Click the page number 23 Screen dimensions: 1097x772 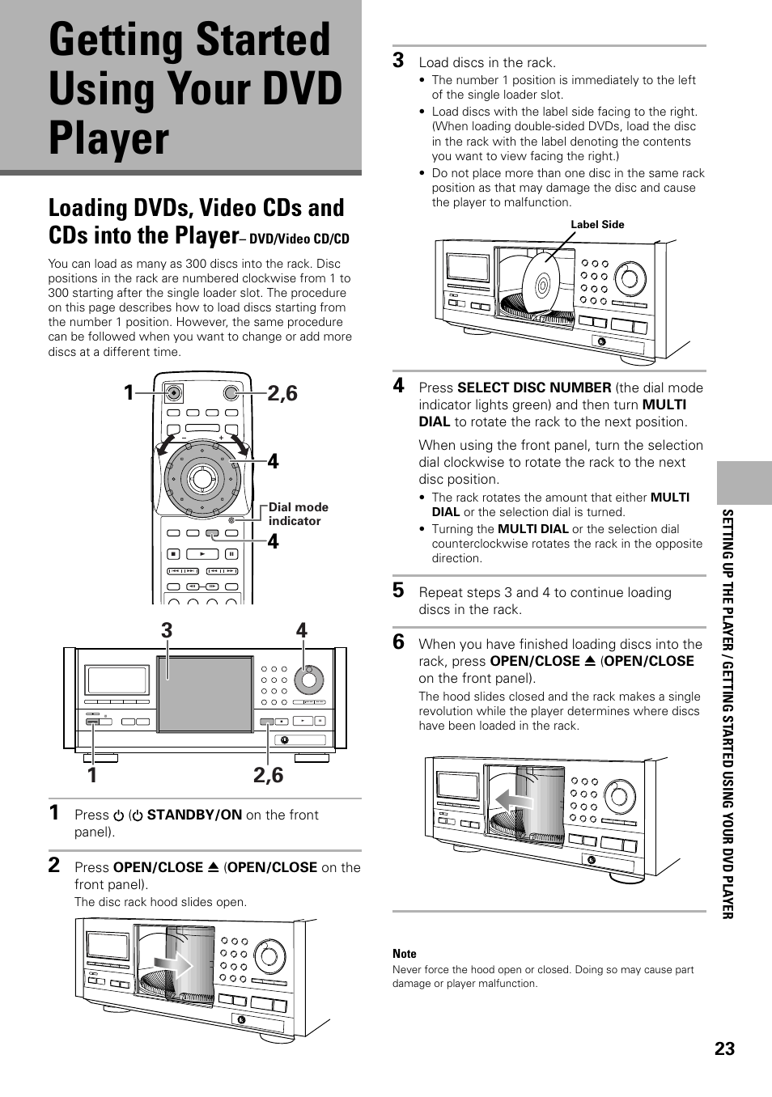tap(724, 1048)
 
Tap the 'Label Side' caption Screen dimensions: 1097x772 tap(597, 225)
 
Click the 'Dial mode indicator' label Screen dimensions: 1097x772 tap(298, 514)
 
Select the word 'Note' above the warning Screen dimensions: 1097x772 tap(404, 954)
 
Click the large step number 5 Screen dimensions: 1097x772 tap(398, 591)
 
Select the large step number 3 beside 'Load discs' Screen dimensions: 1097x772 tap(398, 60)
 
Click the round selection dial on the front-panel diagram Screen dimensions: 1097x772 tap(307, 680)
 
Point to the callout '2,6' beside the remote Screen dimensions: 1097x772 tap(282, 394)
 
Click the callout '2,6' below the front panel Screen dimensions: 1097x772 tap(268, 775)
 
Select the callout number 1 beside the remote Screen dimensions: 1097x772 tap(129, 394)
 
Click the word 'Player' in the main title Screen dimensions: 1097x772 tap(109, 138)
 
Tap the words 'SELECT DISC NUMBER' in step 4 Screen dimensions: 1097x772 tap(533, 388)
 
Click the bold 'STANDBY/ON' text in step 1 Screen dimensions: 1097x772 tap(193, 815)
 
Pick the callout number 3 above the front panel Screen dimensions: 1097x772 tap(166, 630)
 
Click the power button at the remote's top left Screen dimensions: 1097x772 tap(173, 393)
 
